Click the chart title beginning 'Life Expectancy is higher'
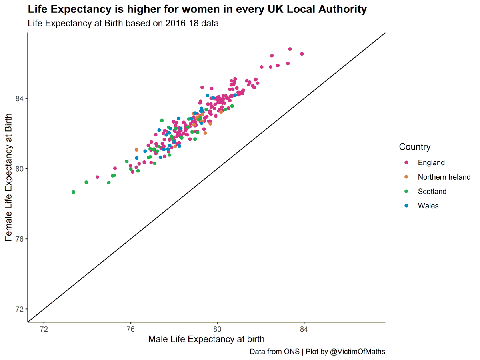(x=197, y=9)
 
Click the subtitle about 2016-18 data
(x=123, y=23)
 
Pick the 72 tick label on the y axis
(x=20, y=309)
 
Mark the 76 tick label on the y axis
(x=20, y=239)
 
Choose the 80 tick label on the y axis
(x=20, y=169)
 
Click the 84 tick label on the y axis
(x=20, y=98)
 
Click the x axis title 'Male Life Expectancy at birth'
(x=206, y=340)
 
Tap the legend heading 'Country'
(x=415, y=147)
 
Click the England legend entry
(x=431, y=162)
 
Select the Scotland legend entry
(x=432, y=192)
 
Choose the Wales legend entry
(x=428, y=206)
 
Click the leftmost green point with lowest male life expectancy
(x=74, y=192)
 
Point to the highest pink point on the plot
(x=290, y=49)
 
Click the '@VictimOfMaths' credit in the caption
(x=356, y=352)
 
